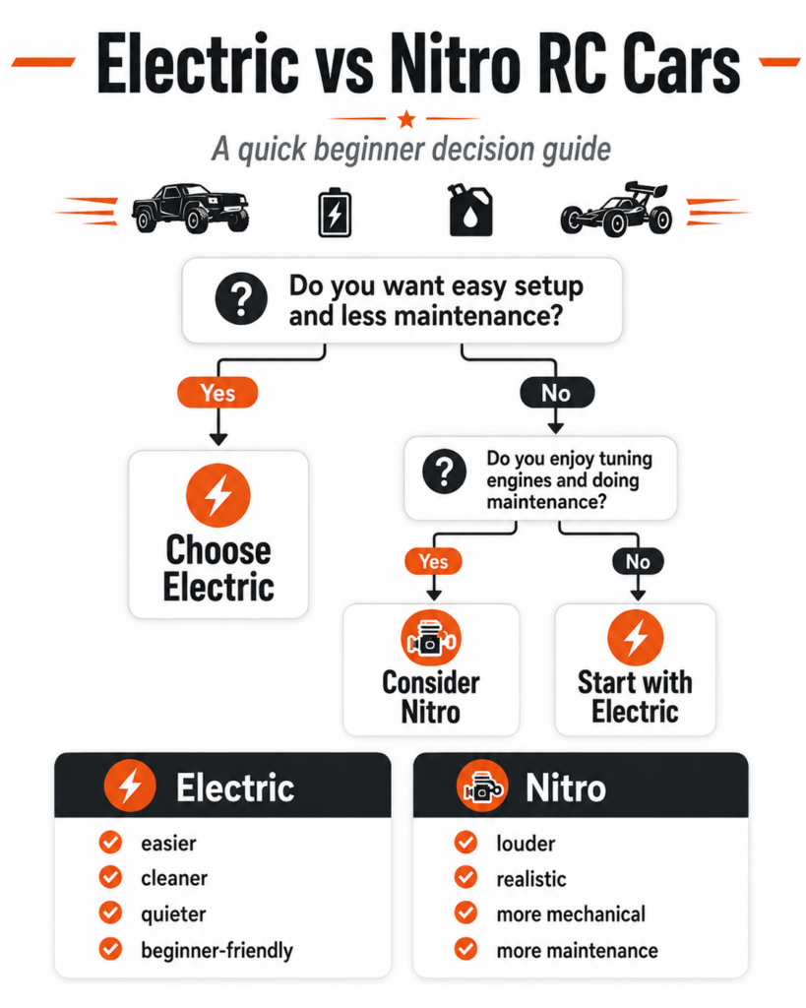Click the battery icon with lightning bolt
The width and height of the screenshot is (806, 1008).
[x=335, y=213]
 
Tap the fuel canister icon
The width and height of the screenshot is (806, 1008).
[x=470, y=210]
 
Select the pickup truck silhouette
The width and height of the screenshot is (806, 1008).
[x=190, y=208]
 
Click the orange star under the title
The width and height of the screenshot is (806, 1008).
[x=406, y=119]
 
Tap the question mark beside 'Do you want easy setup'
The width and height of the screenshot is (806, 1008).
[x=241, y=299]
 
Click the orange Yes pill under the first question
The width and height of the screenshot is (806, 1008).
[x=217, y=393]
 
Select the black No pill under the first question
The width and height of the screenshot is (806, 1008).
[x=557, y=393]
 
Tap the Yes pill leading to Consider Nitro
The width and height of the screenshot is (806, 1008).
[x=433, y=561]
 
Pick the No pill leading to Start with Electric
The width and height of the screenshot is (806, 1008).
[x=638, y=562]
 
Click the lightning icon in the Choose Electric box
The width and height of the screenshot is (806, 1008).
[x=217, y=496]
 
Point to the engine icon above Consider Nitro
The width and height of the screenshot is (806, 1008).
[x=431, y=638]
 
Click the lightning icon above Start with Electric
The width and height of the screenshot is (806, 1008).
[x=636, y=638]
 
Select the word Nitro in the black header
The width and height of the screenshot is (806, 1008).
[x=566, y=788]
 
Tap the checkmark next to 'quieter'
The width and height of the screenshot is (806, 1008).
[x=110, y=913]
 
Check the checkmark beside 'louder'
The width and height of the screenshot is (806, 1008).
[x=466, y=843]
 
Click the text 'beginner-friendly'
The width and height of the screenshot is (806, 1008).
[x=217, y=950]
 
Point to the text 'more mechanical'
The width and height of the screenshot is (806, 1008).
[x=571, y=914]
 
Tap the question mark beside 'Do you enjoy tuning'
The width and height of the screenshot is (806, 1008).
[x=444, y=472]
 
